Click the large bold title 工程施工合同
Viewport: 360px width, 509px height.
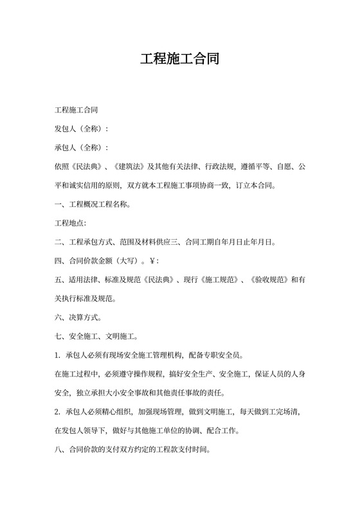pos(180,60)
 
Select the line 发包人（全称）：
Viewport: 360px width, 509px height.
pos(82,129)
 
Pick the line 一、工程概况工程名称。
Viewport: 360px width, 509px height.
pos(93,205)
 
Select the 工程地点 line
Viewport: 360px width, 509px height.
pos(71,224)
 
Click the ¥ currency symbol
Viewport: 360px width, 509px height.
pos(151,261)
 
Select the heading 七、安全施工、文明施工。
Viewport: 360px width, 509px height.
pos(96,336)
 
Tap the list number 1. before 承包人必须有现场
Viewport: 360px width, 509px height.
pos(58,355)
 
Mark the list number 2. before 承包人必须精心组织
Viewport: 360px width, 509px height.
pos(58,411)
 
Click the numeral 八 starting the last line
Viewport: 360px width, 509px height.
pos(59,449)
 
